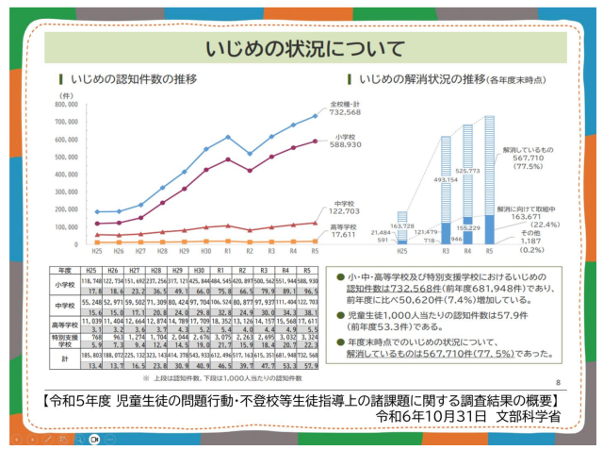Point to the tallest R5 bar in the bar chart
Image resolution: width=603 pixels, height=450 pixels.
[489, 179]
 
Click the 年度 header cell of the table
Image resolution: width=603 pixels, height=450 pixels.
[65, 269]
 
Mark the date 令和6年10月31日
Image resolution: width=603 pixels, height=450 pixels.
[432, 414]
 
